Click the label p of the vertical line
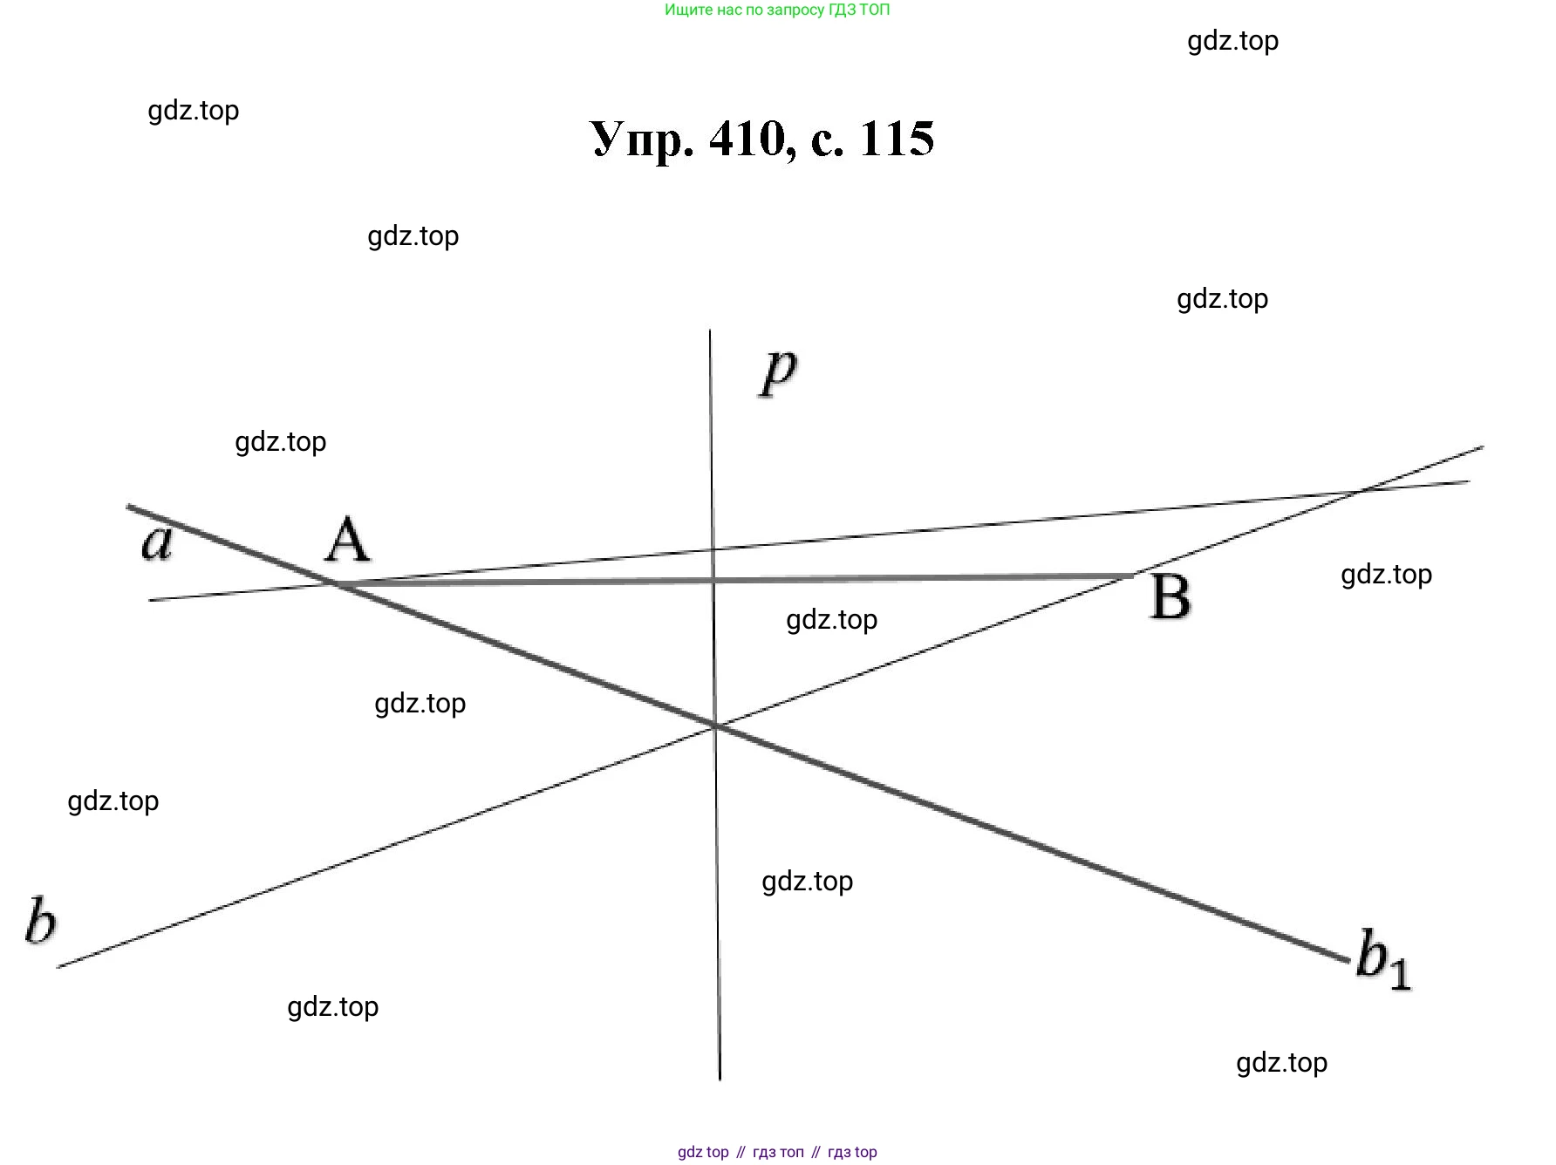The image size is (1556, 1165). pyautogui.click(x=779, y=372)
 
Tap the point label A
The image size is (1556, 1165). pyautogui.click(x=347, y=541)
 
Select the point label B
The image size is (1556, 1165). pyautogui.click(x=1170, y=597)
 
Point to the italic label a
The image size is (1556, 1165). pyautogui.click(x=157, y=542)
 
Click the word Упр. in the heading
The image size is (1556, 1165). pyautogui.click(x=642, y=140)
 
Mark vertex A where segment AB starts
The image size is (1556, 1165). pyautogui.click(x=337, y=582)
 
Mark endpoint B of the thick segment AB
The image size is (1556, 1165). pyautogui.click(x=1132, y=576)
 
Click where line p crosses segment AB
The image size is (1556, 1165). pyautogui.click(x=713, y=579)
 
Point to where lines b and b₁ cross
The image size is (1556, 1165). pyautogui.click(x=715, y=726)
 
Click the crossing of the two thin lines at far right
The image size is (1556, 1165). pyautogui.click(x=1361, y=492)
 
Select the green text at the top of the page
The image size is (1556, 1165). pyautogui.click(x=777, y=10)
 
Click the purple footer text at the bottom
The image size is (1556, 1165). pyautogui.click(x=777, y=1152)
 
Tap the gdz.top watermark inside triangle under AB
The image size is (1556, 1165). pyautogui.click(x=831, y=620)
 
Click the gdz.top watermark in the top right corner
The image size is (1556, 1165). pyautogui.click(x=1232, y=41)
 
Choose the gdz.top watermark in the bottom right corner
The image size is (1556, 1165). pyautogui.click(x=1281, y=1063)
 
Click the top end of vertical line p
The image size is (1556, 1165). pyautogui.click(x=710, y=331)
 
